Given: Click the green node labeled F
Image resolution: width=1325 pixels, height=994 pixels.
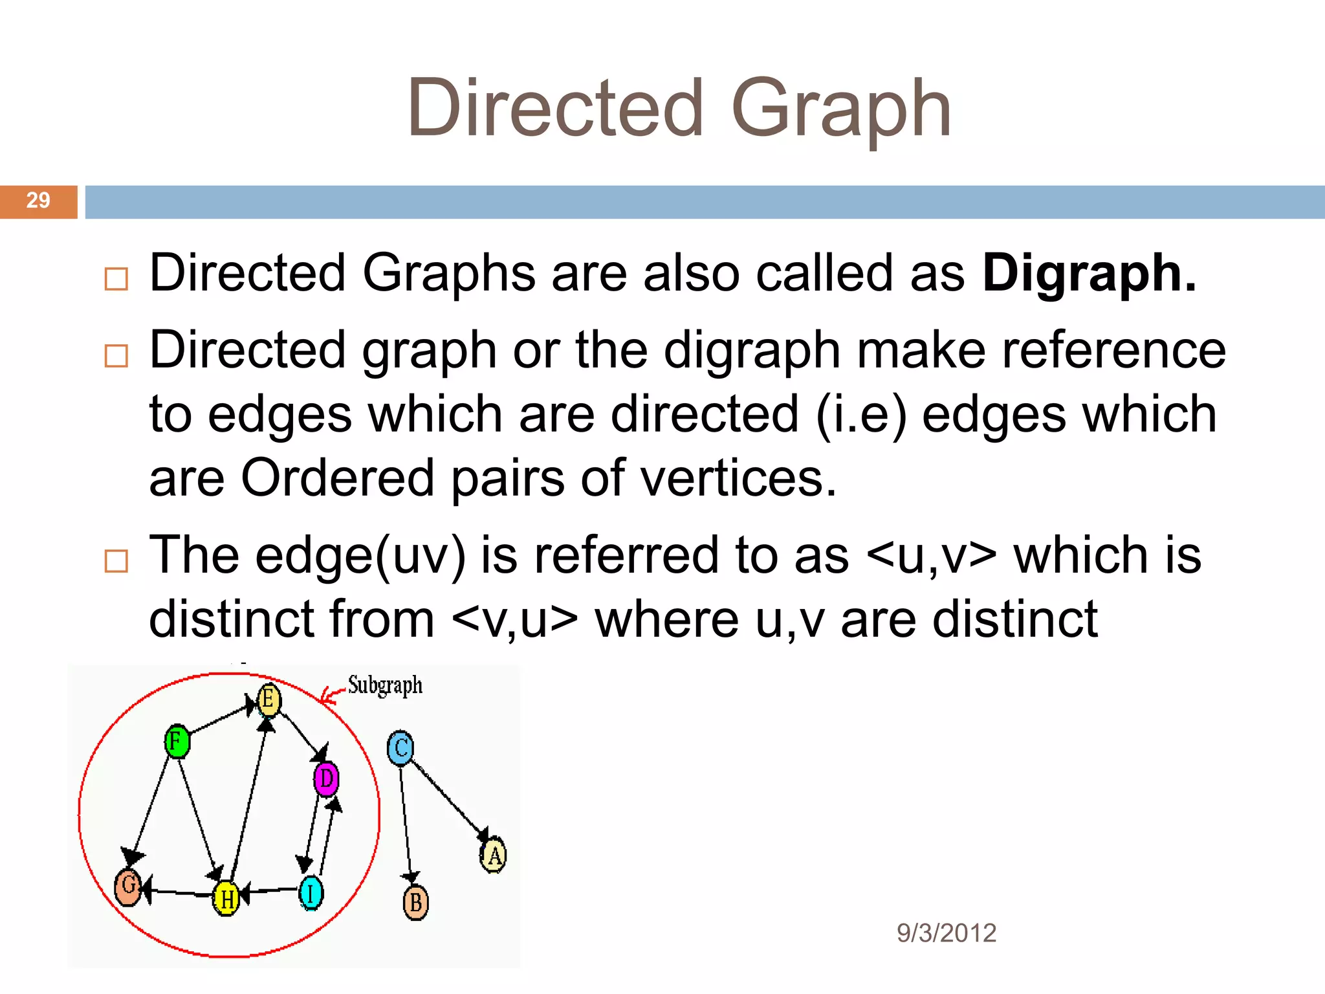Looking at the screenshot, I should [x=177, y=742].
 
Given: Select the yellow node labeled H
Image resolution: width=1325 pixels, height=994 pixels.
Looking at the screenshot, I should [x=226, y=898].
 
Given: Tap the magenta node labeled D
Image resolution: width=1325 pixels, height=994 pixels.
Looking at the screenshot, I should [x=326, y=779].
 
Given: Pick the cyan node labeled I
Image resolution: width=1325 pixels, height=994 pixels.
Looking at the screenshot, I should [x=311, y=893].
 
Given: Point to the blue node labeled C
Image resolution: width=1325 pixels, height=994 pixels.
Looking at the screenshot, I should [x=400, y=748].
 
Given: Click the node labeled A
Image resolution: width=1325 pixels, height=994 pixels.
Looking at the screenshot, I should [x=494, y=855].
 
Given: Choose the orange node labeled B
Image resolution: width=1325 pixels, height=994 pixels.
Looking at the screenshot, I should [x=415, y=903].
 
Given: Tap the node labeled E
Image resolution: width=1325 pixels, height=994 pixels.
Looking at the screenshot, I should [x=268, y=700].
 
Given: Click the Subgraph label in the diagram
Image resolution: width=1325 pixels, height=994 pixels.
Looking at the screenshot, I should [x=385, y=685].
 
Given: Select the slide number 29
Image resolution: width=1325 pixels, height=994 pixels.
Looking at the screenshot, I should [x=38, y=201].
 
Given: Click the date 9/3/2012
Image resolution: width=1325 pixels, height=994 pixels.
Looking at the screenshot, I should [x=946, y=933].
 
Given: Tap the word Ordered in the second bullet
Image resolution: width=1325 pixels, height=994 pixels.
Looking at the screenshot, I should [x=337, y=478].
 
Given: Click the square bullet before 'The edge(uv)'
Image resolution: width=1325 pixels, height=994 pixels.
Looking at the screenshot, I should [x=116, y=561].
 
